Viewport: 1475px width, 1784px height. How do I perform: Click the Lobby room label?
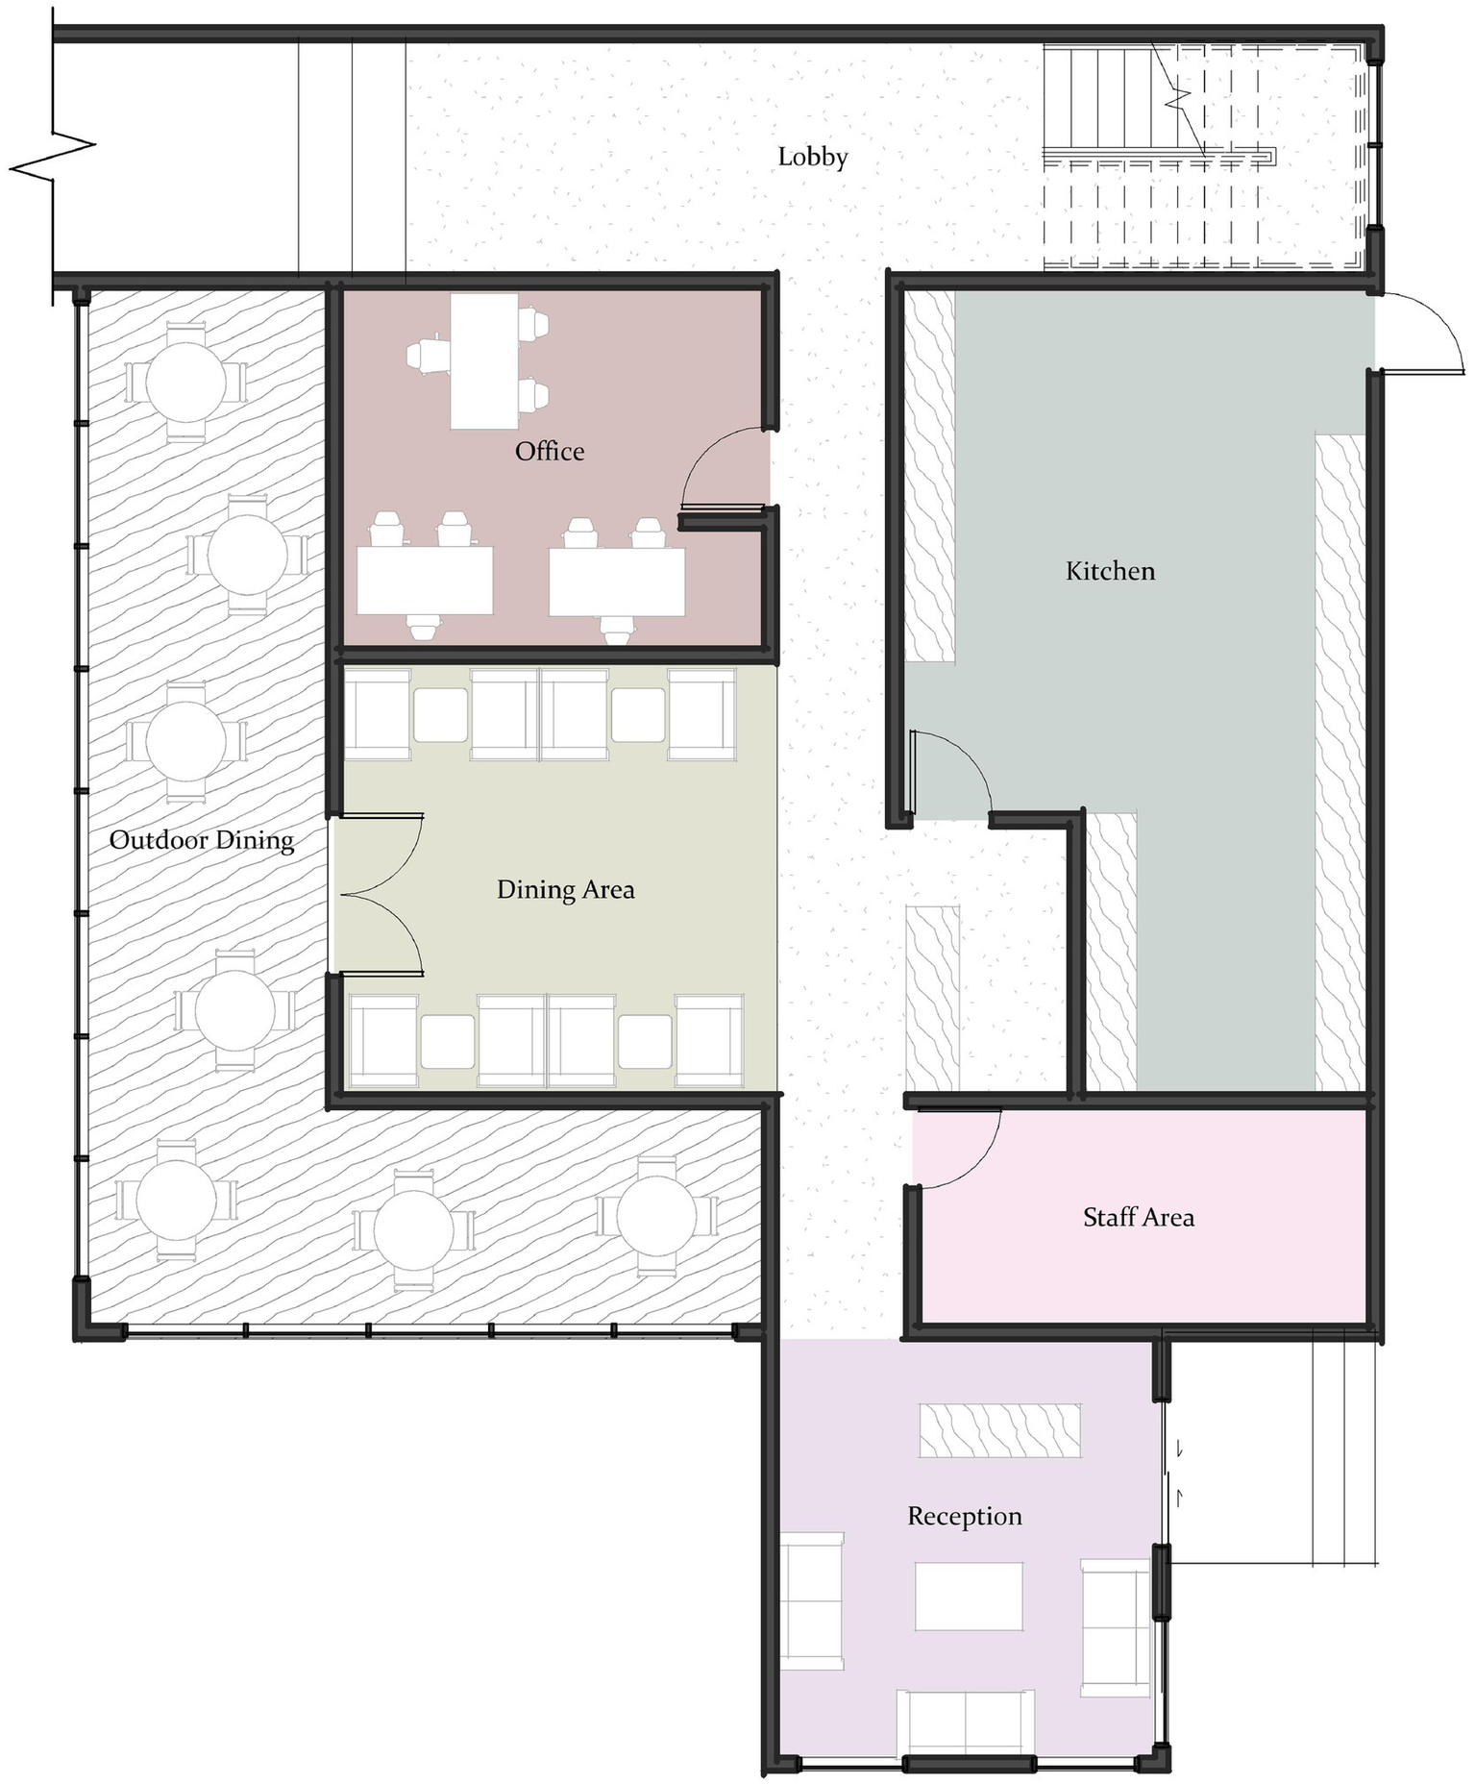[x=812, y=157]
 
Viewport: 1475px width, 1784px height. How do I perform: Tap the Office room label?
[x=549, y=451]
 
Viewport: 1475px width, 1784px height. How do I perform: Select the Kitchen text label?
[x=1109, y=571]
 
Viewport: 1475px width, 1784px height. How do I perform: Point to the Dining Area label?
[x=565, y=889]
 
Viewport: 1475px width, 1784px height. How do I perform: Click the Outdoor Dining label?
[x=201, y=840]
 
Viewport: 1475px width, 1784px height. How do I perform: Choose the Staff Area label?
[x=1138, y=1217]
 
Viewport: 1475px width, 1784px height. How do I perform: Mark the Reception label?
[x=964, y=1516]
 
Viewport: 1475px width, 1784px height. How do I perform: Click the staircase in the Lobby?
[x=1153, y=154]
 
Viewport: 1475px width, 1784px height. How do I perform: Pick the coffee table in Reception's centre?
[x=968, y=1596]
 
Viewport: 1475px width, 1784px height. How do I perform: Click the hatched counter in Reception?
[x=999, y=1430]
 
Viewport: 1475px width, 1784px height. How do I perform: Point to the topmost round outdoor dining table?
[x=185, y=382]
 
